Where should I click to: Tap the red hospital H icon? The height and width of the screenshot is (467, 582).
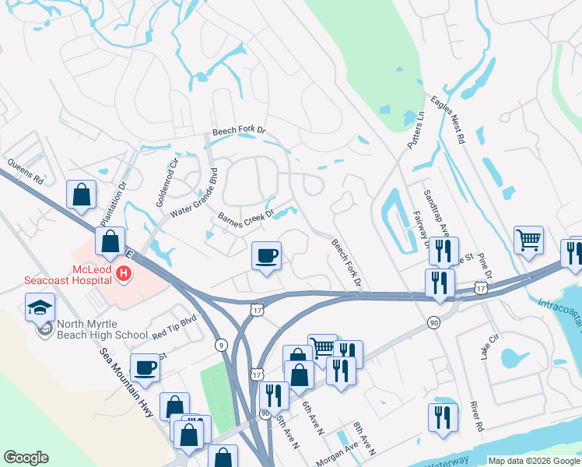pos(123,273)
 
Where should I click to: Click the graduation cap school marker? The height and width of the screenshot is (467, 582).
pos(40,307)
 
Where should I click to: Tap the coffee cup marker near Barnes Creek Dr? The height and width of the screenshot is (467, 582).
pos(266,256)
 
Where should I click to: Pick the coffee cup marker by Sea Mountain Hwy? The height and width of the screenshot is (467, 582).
pos(145,367)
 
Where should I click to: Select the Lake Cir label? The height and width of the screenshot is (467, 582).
pos(488,342)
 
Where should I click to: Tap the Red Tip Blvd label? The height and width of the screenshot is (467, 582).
pos(175,325)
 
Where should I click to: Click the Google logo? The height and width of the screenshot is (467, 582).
pos(26,458)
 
